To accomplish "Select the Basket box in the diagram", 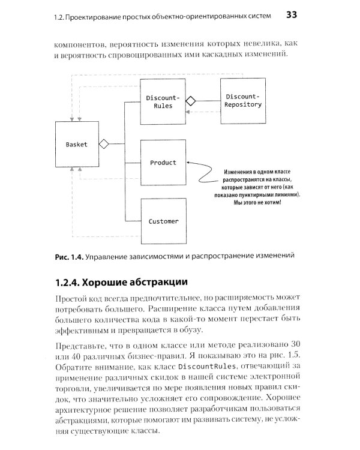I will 77,145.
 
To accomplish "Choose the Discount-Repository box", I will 242,100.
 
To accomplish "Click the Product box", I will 162,163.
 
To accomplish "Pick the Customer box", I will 162,221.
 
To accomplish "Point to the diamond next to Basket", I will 103,144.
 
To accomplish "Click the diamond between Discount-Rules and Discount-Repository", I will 191,101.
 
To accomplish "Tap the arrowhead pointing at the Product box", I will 189,162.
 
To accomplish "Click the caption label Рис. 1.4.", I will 68,257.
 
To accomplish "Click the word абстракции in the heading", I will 157,281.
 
